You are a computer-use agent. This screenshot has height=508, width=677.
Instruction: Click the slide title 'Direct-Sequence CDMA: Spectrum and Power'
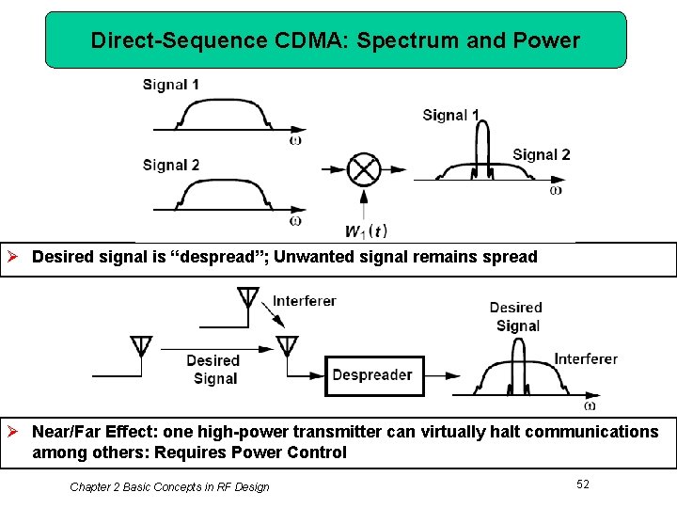click(x=336, y=40)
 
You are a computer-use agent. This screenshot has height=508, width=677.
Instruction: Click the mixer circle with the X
click(x=363, y=170)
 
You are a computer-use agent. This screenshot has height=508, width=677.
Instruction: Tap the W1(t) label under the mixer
click(x=366, y=231)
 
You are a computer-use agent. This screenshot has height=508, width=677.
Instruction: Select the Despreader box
click(x=374, y=375)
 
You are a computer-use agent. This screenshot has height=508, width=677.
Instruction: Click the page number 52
click(x=583, y=484)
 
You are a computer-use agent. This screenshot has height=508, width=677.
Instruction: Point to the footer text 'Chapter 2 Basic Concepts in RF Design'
click(x=169, y=486)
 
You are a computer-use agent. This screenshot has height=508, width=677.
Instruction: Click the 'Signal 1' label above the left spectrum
click(x=171, y=85)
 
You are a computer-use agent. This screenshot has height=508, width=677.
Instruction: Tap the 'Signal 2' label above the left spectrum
click(x=171, y=166)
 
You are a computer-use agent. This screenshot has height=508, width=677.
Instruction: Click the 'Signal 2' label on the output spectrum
click(x=542, y=155)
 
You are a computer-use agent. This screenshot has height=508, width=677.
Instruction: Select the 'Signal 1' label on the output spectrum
click(x=450, y=116)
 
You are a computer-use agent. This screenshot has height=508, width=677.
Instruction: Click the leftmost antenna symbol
click(x=141, y=345)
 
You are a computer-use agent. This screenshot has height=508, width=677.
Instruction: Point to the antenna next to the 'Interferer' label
click(x=248, y=298)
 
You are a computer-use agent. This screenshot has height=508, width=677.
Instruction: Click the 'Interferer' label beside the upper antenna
click(x=305, y=302)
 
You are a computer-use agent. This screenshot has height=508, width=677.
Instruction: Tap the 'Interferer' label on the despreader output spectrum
click(x=586, y=358)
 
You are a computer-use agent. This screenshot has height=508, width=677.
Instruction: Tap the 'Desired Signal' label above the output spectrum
click(x=517, y=317)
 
